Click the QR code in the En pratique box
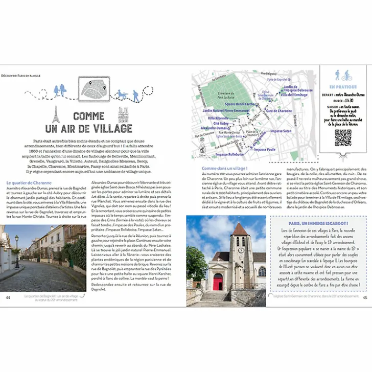click(343, 138)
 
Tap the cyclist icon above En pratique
click(347, 75)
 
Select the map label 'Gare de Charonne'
click(279, 110)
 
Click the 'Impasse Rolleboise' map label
click(230, 154)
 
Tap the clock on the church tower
click(240, 252)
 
